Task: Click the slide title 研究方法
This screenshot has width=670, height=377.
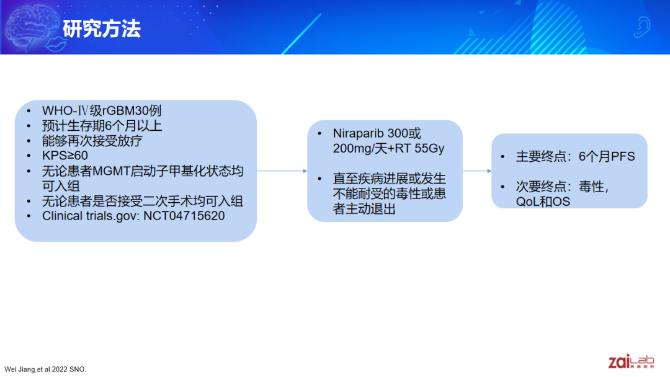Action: (x=102, y=29)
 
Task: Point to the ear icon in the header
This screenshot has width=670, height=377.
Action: (x=642, y=27)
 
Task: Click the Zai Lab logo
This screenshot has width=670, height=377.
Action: (x=631, y=361)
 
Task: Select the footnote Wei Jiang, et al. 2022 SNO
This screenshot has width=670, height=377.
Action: (x=45, y=370)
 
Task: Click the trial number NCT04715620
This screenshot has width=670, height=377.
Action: (x=184, y=216)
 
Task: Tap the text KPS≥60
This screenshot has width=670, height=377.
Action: (x=65, y=156)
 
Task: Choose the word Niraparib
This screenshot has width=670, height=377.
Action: (x=359, y=134)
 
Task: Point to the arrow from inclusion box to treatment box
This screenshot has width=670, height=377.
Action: (x=282, y=171)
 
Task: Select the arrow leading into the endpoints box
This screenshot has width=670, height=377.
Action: (x=477, y=171)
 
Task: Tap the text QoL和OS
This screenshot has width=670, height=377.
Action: (x=543, y=202)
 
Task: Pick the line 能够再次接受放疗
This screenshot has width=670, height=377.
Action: (x=92, y=141)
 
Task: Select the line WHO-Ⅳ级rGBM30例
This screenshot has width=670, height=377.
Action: (x=102, y=110)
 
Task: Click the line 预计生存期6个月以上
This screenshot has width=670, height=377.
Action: (x=102, y=126)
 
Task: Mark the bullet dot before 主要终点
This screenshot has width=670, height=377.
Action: (x=503, y=157)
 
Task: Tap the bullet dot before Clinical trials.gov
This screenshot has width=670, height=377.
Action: (x=29, y=216)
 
